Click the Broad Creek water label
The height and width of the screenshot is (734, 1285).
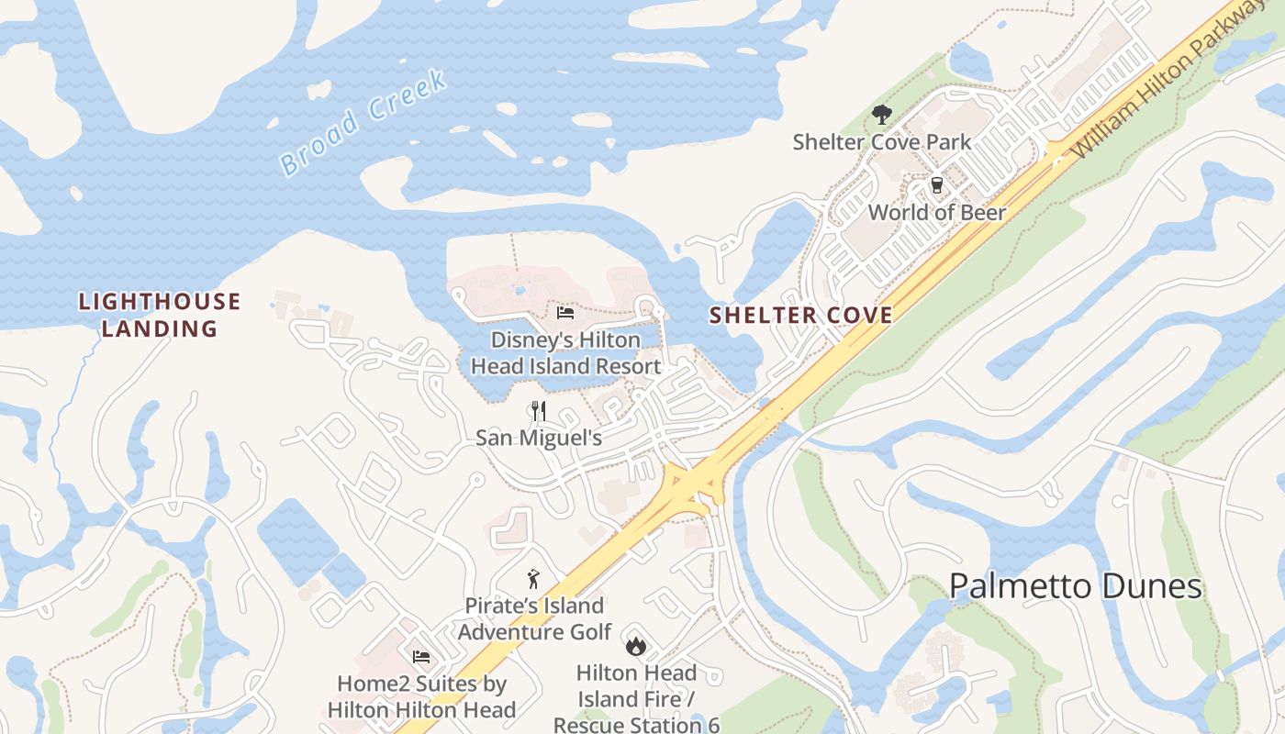363,122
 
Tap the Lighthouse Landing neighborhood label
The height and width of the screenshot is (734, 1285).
160,315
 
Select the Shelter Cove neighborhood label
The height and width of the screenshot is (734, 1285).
800,316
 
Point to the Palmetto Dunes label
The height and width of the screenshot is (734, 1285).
1075,586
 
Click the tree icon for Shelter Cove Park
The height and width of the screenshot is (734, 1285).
881,115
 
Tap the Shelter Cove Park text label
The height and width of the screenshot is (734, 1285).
881,142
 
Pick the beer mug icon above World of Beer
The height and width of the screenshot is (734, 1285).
936,185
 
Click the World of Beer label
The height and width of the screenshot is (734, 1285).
936,213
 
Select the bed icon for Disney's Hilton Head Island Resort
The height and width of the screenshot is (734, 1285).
565,313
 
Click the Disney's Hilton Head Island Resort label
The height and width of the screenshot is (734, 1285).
565,353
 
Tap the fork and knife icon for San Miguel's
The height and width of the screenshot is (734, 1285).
539,410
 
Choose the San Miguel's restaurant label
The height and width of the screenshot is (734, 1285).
539,438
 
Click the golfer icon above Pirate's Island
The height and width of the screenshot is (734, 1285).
533,579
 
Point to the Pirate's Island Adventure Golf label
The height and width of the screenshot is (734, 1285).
534,618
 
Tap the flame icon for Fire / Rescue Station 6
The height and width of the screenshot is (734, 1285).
635,646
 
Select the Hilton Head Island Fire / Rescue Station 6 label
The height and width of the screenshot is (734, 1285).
636,699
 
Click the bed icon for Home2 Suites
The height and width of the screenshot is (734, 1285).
421,656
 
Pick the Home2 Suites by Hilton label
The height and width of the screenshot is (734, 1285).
421,696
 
